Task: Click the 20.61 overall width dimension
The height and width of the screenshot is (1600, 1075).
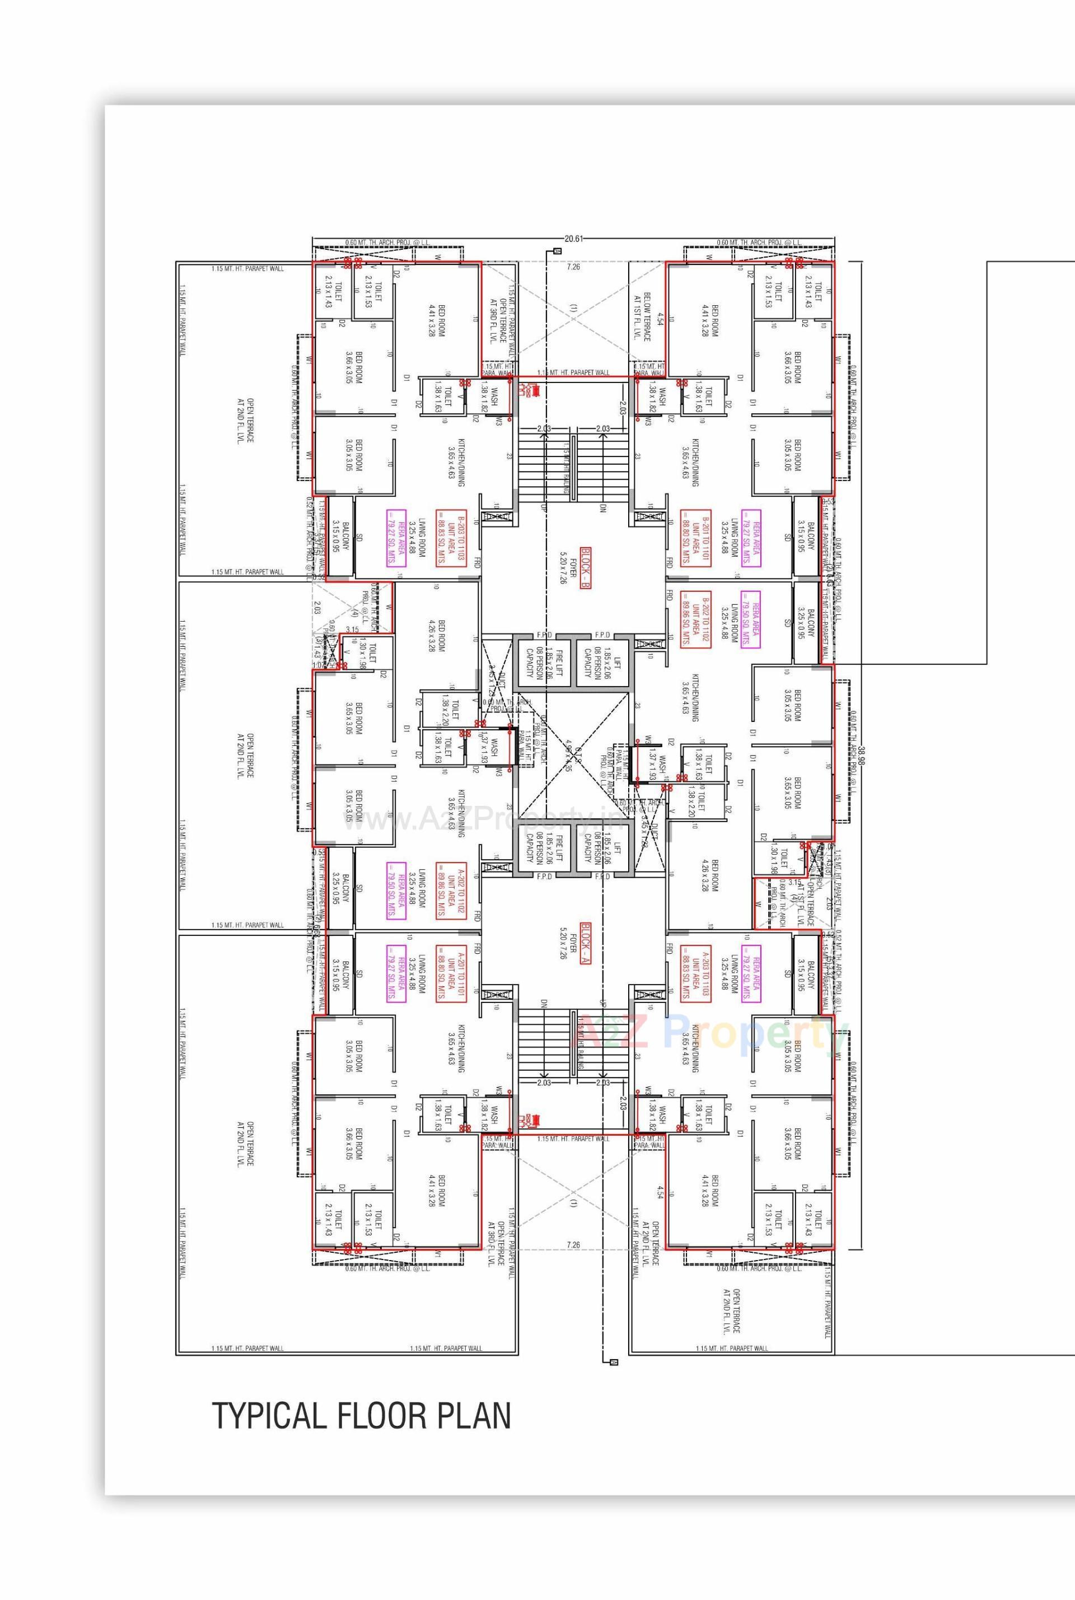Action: point(573,239)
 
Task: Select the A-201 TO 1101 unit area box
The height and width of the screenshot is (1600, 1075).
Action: point(452,974)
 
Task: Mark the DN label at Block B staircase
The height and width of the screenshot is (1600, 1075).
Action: point(602,508)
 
